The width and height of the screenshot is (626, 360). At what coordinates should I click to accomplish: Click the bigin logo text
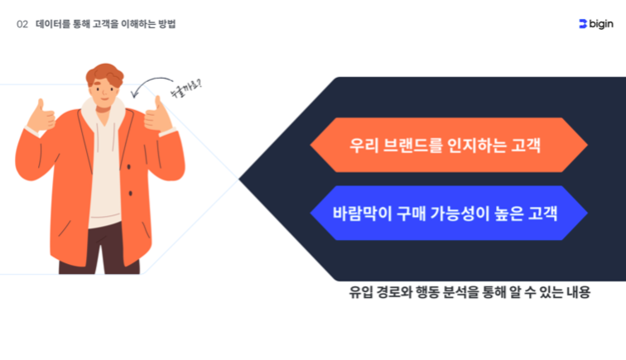601,24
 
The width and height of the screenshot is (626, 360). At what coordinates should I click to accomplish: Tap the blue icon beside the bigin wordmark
583,24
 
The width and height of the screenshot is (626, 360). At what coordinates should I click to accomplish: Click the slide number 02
22,24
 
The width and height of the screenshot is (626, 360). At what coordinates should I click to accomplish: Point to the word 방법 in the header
167,24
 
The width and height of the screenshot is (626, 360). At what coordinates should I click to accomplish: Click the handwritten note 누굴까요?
186,89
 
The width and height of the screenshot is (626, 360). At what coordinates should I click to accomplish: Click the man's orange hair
105,74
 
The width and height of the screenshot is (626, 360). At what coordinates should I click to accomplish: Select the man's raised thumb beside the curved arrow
158,115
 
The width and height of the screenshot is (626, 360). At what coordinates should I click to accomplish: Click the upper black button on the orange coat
128,167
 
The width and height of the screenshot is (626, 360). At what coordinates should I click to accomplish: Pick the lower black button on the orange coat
131,194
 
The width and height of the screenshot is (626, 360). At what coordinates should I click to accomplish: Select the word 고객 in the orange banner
526,146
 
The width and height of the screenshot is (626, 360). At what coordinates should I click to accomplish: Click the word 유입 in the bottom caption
361,292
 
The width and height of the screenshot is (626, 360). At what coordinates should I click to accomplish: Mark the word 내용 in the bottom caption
578,292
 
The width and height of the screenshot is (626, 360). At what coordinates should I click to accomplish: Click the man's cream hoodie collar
103,113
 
